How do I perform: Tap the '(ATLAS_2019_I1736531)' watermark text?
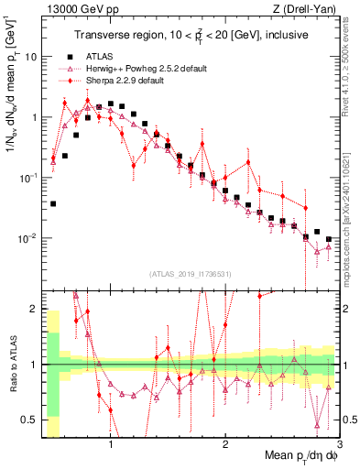tap(191, 274)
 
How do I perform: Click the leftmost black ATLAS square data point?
tap(53, 203)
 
